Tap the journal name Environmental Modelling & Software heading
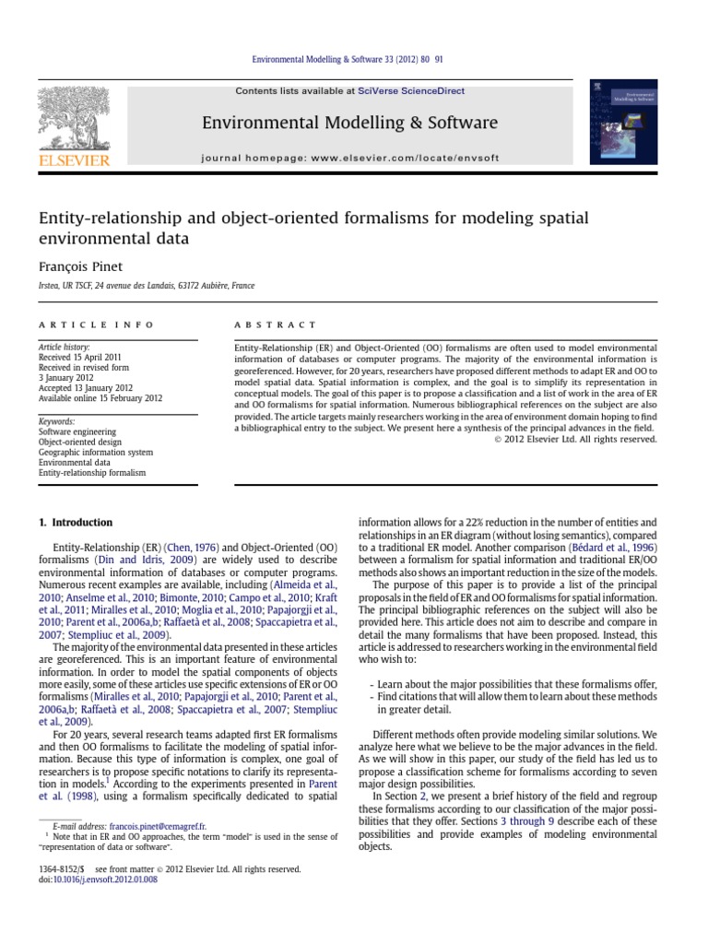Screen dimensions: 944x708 [x=351, y=123]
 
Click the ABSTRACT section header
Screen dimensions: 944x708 [x=277, y=325]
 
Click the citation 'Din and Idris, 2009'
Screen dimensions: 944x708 [x=141, y=560]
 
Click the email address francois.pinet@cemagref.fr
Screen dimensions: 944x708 [x=157, y=827]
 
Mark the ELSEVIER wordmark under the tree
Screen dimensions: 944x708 [x=73, y=160]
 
